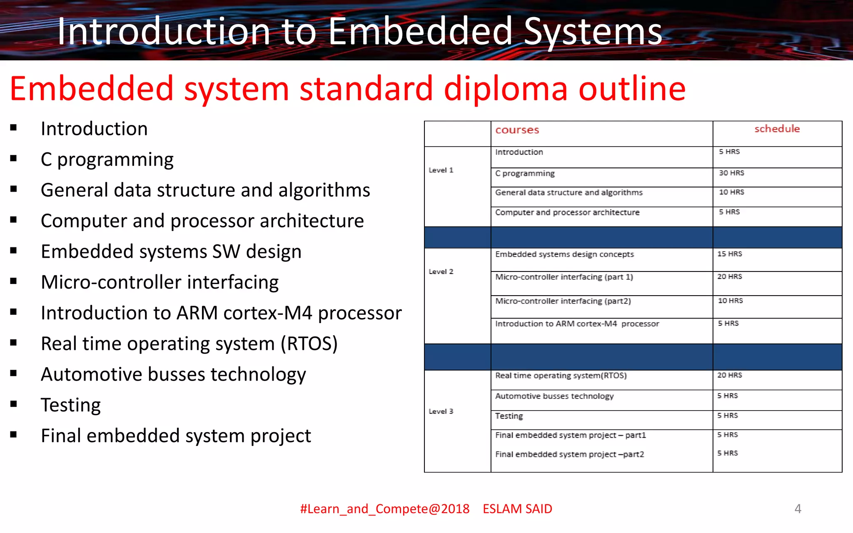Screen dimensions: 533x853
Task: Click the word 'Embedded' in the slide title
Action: coord(420,32)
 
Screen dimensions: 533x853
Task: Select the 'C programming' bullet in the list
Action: coord(107,159)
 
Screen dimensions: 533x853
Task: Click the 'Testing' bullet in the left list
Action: coord(71,405)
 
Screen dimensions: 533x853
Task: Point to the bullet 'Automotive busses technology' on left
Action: coord(173,374)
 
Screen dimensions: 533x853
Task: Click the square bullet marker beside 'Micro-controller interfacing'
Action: coord(14,281)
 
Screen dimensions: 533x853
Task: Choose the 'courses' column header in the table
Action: coord(517,130)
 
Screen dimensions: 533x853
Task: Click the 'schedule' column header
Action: coord(777,129)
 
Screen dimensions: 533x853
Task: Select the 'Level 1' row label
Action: coord(441,170)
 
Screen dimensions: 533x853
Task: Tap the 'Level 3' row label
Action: coord(441,411)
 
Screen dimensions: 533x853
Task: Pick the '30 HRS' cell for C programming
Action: coord(731,173)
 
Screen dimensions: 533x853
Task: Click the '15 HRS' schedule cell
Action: coord(729,254)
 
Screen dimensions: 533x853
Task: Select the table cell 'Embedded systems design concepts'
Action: coord(564,254)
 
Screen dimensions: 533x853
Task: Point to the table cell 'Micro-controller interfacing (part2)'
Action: coord(563,301)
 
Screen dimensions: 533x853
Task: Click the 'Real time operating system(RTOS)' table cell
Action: coord(561,376)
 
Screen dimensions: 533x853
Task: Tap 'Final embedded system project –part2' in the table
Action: coord(569,454)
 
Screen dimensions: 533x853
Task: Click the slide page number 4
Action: coord(798,508)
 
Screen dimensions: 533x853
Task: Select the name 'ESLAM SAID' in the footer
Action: coord(517,509)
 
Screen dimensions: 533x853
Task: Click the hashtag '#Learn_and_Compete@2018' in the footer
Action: coord(385,509)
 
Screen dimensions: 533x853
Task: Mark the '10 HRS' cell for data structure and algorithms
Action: coord(731,192)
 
